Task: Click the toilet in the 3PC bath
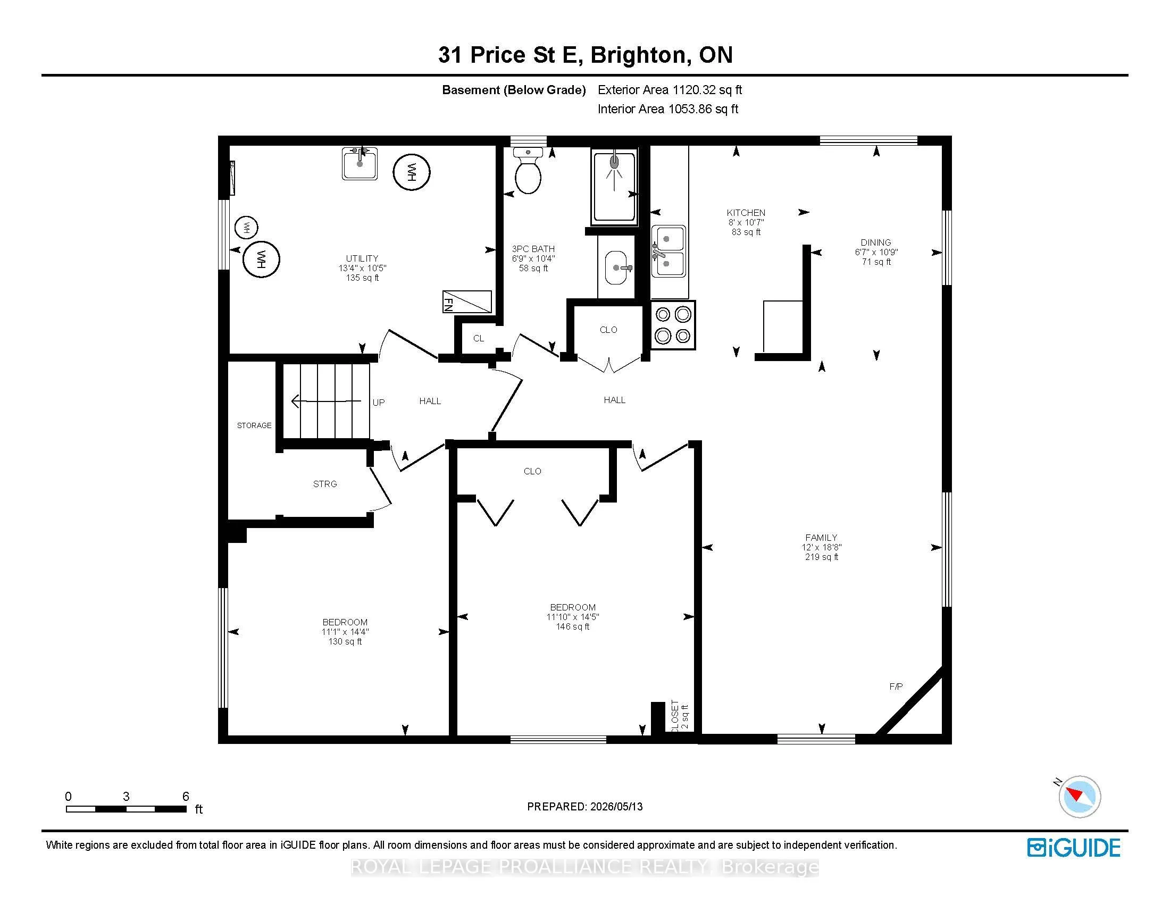528,170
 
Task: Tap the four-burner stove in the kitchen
673,325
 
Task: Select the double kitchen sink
668,251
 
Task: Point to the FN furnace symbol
466,302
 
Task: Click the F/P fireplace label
896,686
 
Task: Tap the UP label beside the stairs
378,402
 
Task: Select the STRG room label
324,484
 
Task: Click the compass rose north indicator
1079,797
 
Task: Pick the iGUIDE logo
1074,848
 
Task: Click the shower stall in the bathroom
614,187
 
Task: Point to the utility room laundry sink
360,163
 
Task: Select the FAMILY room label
821,538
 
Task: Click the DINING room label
876,242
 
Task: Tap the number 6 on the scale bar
186,797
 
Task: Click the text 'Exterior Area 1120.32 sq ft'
670,90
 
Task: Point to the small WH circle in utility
246,228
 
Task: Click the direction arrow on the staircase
325,400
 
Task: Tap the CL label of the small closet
479,338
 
